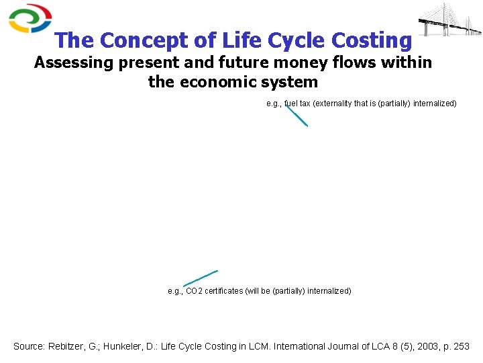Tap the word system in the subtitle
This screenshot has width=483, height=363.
tap(293, 83)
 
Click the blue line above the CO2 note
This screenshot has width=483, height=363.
tap(201, 278)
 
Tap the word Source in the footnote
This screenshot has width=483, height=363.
tap(30, 347)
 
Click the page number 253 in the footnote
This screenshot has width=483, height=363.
tap(462, 347)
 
